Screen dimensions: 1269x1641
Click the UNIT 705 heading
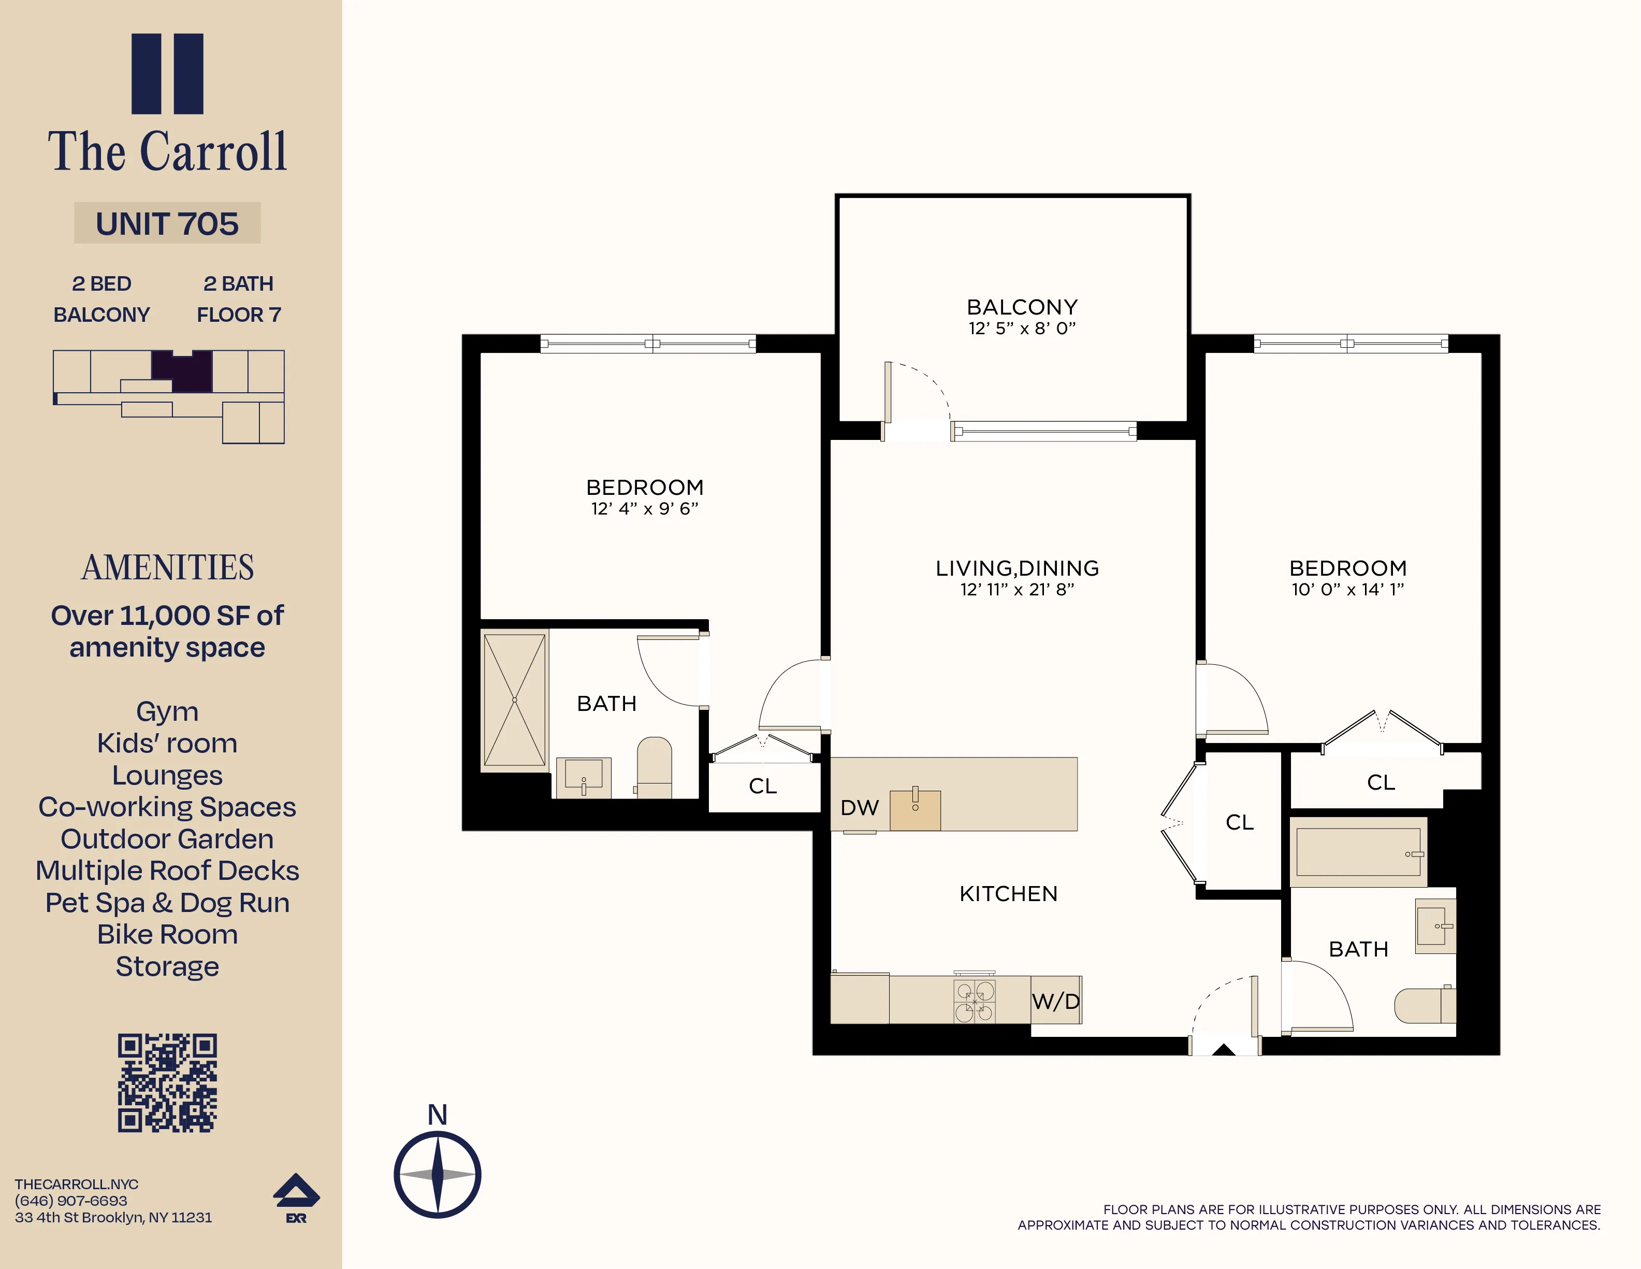point(167,223)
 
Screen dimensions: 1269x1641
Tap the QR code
point(167,1082)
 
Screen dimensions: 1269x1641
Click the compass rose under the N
point(437,1174)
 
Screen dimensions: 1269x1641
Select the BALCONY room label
point(1022,307)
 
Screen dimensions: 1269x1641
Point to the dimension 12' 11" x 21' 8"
point(1018,589)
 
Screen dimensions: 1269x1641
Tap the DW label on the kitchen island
point(860,807)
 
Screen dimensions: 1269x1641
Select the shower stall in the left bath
point(515,700)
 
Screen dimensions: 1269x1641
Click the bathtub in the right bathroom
point(1358,852)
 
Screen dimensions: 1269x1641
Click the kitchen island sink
point(915,810)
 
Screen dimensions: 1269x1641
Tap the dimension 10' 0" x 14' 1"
point(1348,589)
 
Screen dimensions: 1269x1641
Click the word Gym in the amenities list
point(167,711)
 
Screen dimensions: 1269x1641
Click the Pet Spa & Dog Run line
point(167,902)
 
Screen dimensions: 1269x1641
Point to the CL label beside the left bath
point(763,786)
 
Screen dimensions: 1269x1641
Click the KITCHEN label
point(1008,894)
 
